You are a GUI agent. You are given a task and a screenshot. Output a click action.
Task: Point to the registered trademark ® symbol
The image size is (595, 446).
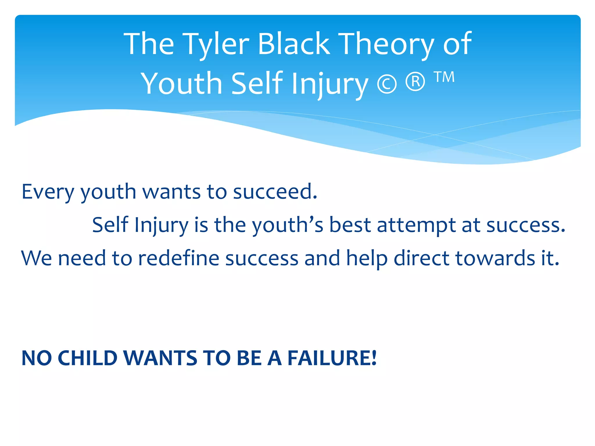pos(415,82)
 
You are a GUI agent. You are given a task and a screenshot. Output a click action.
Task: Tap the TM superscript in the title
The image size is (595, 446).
pos(444,77)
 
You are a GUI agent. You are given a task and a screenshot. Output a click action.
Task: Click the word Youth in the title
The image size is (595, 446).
pos(182,84)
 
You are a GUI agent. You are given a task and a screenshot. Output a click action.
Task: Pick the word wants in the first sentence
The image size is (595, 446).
pos(171,192)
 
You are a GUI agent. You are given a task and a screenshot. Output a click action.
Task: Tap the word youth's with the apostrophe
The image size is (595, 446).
pos(287,225)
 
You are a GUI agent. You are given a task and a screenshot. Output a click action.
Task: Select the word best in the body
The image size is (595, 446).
pos(350,225)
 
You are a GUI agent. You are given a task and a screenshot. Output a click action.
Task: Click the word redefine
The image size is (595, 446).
pos(178,258)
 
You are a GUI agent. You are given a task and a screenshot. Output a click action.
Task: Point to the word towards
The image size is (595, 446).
pos(495,258)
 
